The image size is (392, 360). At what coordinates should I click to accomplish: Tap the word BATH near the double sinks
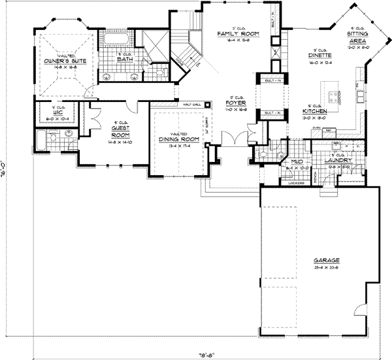pos(124,59)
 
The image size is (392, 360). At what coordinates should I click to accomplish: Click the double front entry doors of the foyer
pos(234,139)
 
